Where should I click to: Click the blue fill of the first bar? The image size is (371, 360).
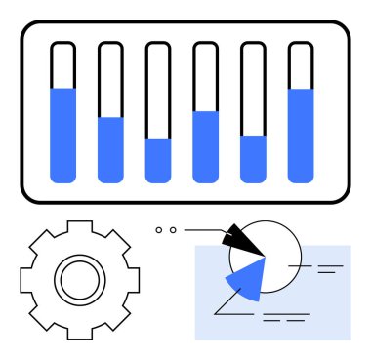[x=62, y=135]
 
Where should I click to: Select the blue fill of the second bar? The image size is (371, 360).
[x=110, y=149]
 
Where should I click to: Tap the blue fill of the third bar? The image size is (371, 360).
[x=158, y=160]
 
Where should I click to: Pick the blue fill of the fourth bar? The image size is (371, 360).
[x=205, y=146]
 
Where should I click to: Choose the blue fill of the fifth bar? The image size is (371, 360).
[x=253, y=158]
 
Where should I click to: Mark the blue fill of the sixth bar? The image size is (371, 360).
[x=301, y=135]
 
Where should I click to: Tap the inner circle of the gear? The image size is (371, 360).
[x=75, y=281]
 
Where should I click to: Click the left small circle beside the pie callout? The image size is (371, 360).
[x=159, y=230]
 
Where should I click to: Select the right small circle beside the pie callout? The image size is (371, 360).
[x=173, y=230]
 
